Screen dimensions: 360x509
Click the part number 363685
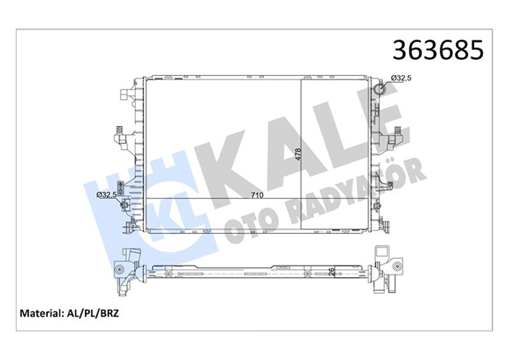(437, 50)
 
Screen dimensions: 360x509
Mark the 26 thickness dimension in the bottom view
(331, 272)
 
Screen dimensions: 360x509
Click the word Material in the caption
(40, 313)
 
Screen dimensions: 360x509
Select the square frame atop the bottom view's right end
(382, 252)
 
